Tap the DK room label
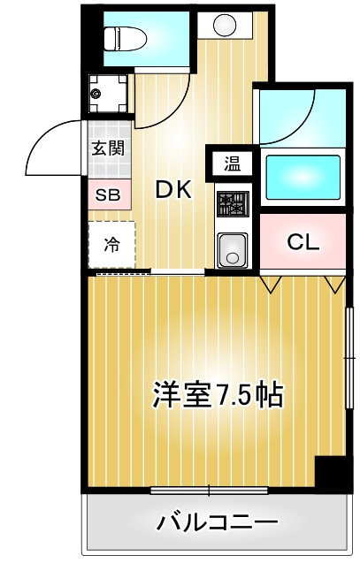tap(174, 189)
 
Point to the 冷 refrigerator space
tap(111, 245)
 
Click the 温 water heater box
tap(232, 163)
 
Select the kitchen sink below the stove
tap(233, 248)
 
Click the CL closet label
tap(303, 241)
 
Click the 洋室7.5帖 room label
tap(217, 394)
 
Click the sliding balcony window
tap(209, 490)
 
